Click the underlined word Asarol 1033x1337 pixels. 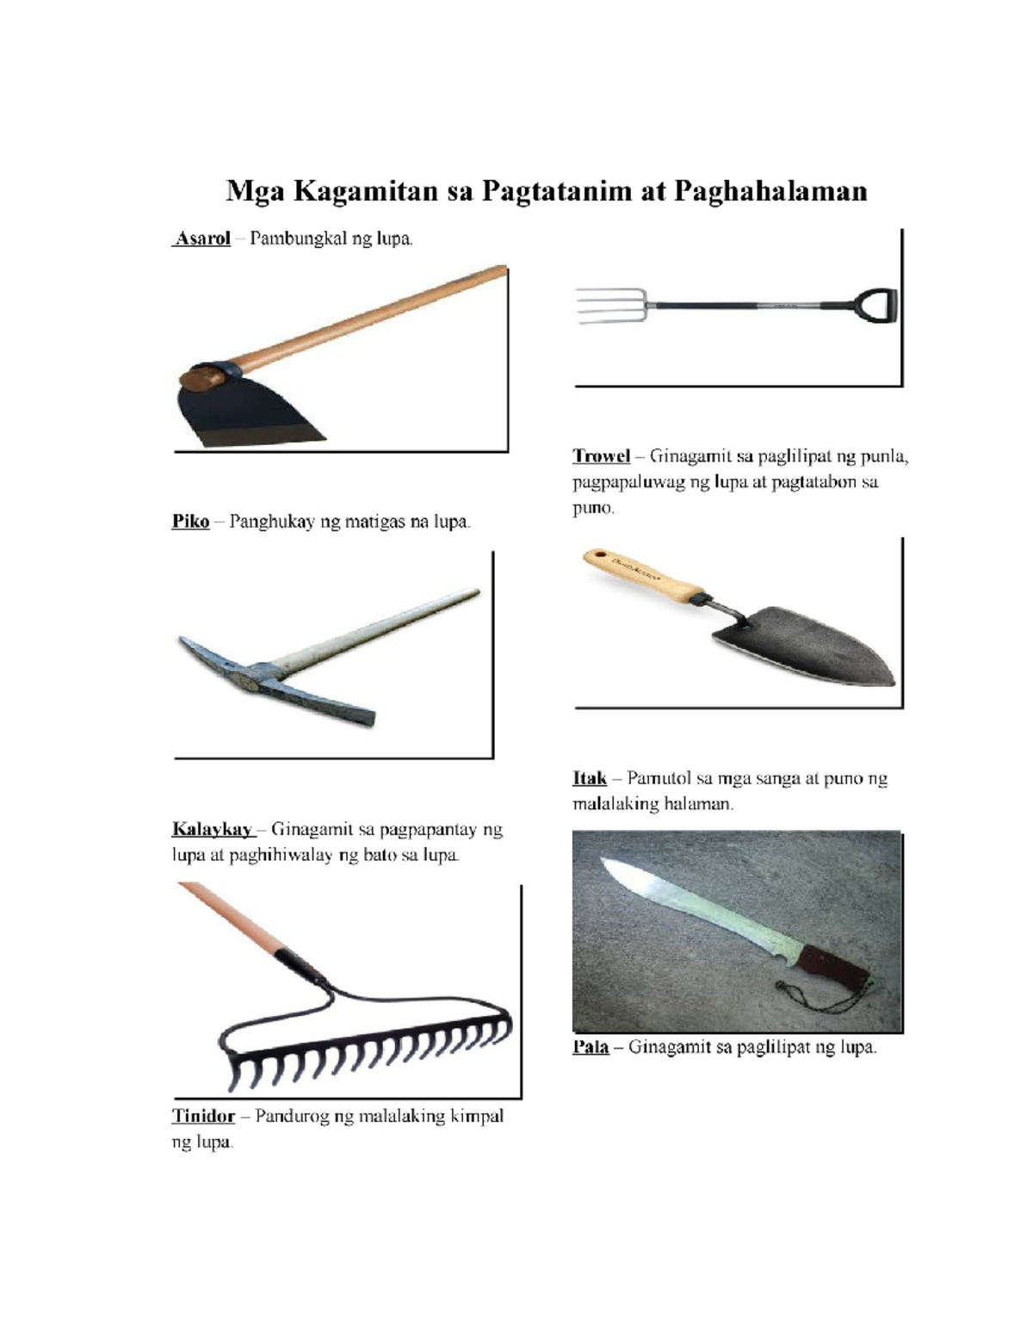(203, 238)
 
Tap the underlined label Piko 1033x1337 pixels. (190, 521)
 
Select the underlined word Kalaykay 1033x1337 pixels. (212, 829)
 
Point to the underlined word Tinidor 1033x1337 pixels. (203, 1116)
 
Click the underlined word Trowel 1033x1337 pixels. (602, 455)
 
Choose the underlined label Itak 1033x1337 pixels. (590, 778)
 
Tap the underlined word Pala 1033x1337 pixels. (591, 1047)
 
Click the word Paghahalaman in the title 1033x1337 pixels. (770, 190)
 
